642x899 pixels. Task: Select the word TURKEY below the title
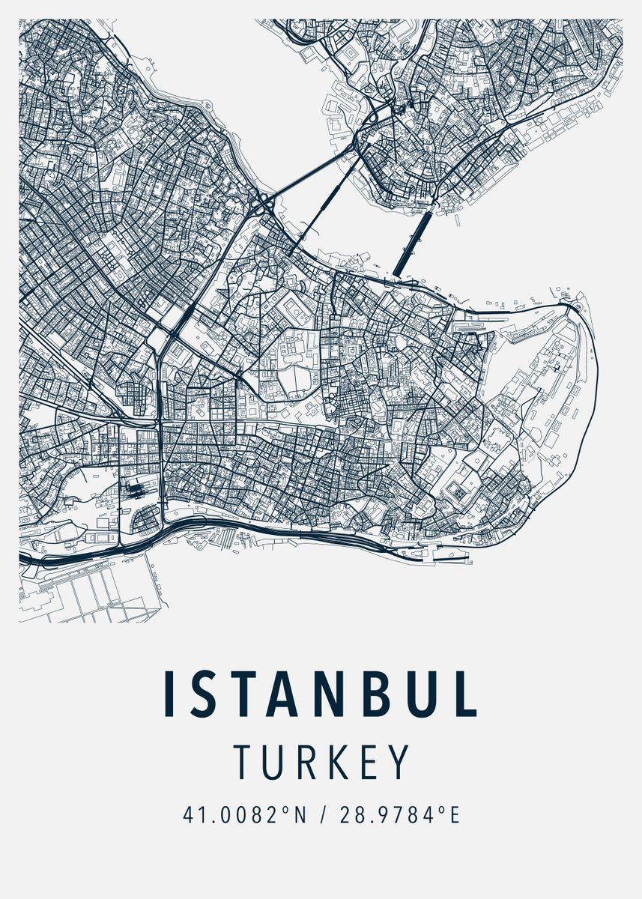321,762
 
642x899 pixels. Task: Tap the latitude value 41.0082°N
244,814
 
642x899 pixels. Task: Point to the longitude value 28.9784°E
398,814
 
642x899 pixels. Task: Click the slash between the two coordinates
323,814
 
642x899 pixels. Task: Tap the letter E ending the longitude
452,814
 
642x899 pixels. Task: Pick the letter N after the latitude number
300,814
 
